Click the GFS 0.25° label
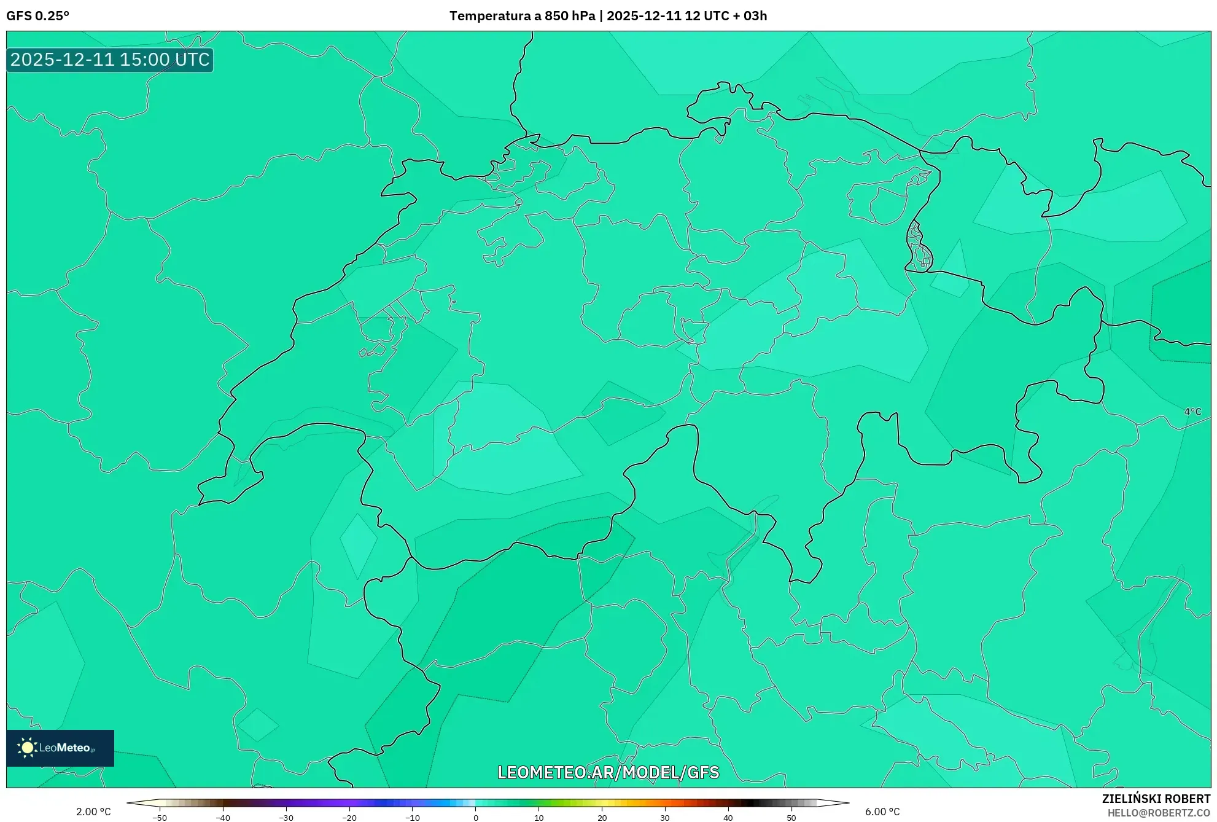(37, 16)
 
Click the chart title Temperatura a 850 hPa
(522, 16)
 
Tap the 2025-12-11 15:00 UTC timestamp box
(110, 60)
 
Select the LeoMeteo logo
(60, 748)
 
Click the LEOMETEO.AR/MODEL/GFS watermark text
(608, 772)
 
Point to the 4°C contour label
(1192, 412)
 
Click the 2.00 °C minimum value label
(93, 812)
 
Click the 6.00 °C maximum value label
(882, 812)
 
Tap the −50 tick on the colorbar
(160, 818)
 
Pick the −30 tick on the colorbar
(286, 818)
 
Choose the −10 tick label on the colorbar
(413, 818)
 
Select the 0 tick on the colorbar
(476, 818)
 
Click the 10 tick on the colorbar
(539, 818)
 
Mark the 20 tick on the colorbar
(602, 818)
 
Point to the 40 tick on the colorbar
(728, 818)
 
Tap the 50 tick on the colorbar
(791, 818)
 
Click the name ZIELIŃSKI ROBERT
(1156, 799)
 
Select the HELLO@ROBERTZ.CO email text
(1159, 813)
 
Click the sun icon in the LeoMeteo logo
(27, 748)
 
